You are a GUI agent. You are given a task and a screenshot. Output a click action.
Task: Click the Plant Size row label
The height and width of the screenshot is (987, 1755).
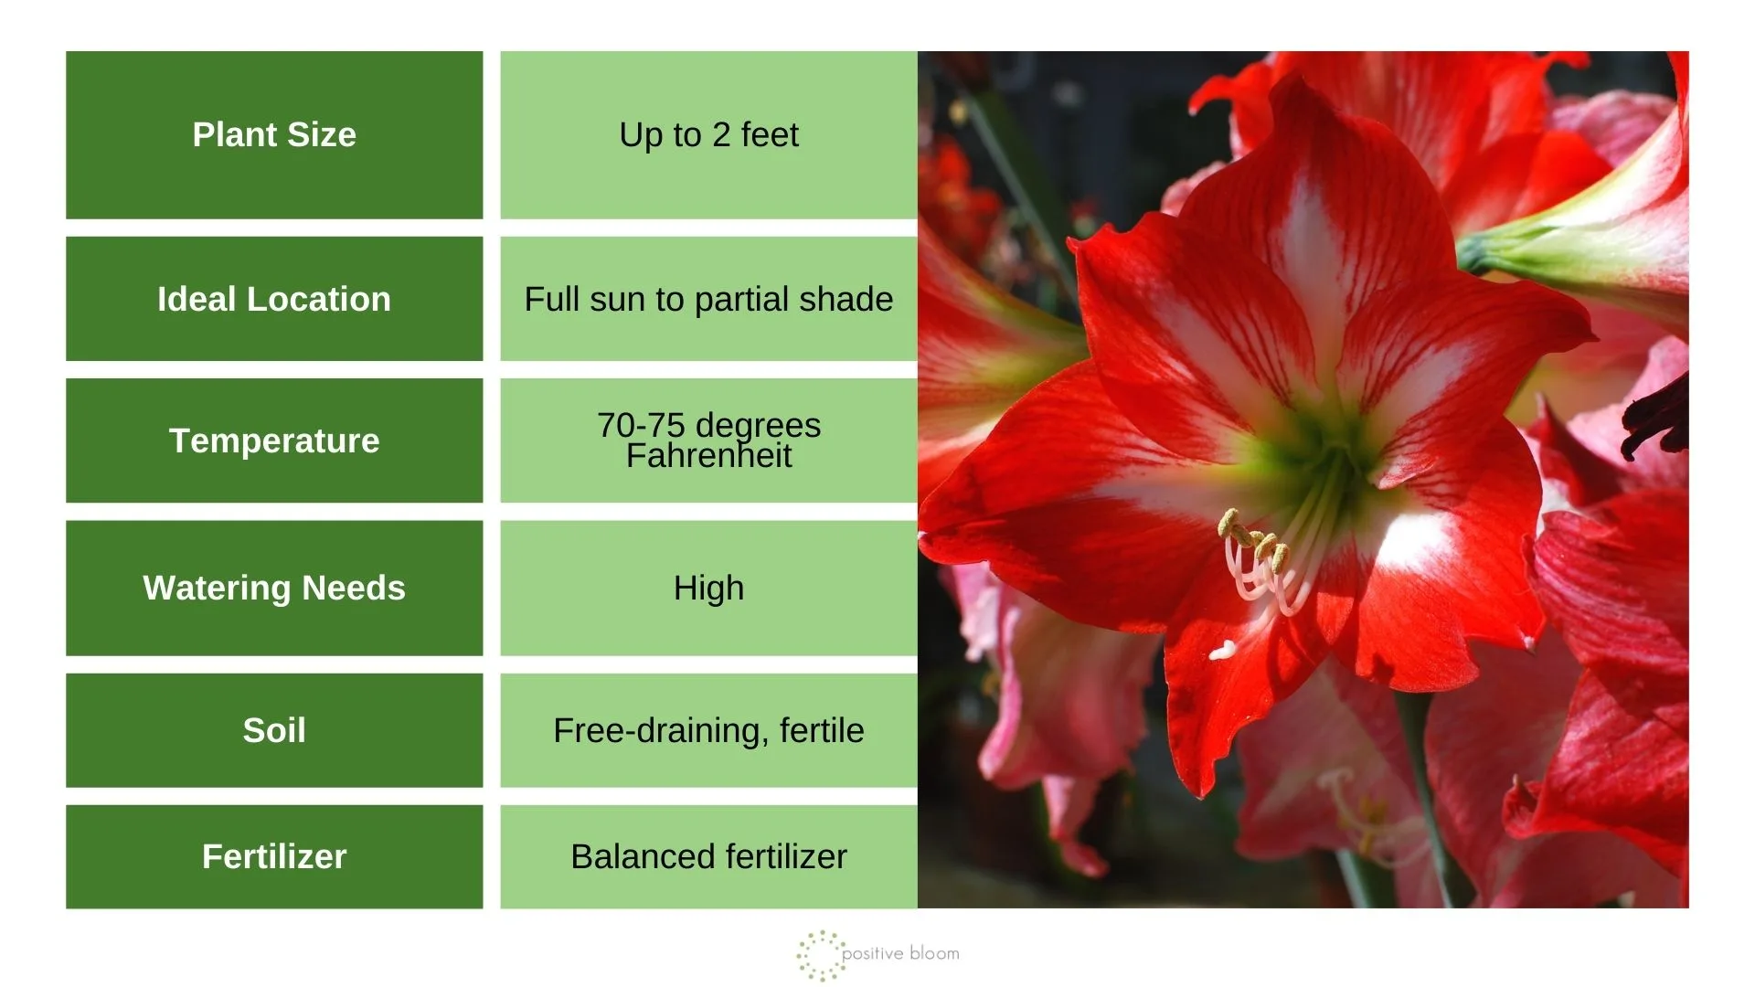pos(274,134)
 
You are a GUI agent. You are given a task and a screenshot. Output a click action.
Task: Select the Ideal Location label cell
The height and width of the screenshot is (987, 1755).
pos(274,299)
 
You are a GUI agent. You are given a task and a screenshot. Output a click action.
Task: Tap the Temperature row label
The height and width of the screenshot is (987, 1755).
pos(274,440)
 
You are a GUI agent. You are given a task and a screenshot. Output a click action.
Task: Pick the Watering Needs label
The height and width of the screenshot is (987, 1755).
pos(274,588)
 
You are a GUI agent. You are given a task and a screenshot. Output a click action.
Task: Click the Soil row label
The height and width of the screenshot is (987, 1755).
pos(274,730)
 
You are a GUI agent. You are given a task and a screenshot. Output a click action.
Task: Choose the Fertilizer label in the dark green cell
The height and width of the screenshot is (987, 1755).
pos(274,856)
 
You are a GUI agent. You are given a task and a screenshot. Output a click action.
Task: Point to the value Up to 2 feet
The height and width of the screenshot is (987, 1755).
pos(708,134)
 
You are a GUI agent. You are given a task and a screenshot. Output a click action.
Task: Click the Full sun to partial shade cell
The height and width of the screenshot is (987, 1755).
pos(708,299)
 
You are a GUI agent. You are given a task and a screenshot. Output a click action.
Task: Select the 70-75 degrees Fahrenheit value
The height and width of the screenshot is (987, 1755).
pos(708,440)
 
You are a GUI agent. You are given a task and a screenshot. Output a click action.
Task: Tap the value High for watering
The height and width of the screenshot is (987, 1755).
pos(708,588)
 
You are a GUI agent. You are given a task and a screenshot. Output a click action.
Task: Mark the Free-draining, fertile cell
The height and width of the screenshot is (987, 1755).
pos(708,730)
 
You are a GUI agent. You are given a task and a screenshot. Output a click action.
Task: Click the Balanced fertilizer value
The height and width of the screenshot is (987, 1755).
pos(708,856)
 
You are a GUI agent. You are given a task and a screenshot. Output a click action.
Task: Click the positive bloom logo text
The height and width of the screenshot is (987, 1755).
pos(900,954)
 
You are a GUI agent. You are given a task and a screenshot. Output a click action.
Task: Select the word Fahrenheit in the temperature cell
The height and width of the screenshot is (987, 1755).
pos(708,455)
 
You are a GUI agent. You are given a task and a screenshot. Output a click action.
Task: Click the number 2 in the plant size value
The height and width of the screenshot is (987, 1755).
pos(721,134)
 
